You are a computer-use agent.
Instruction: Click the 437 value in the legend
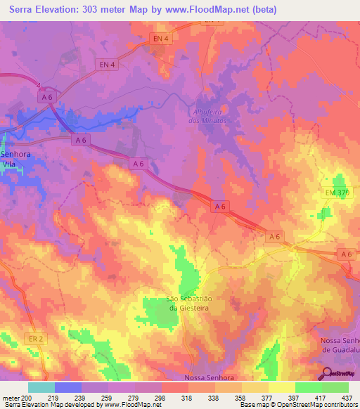tap(347, 397)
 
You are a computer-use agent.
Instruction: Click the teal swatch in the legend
tap(41, 387)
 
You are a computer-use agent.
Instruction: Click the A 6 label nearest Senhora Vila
tap(81, 141)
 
